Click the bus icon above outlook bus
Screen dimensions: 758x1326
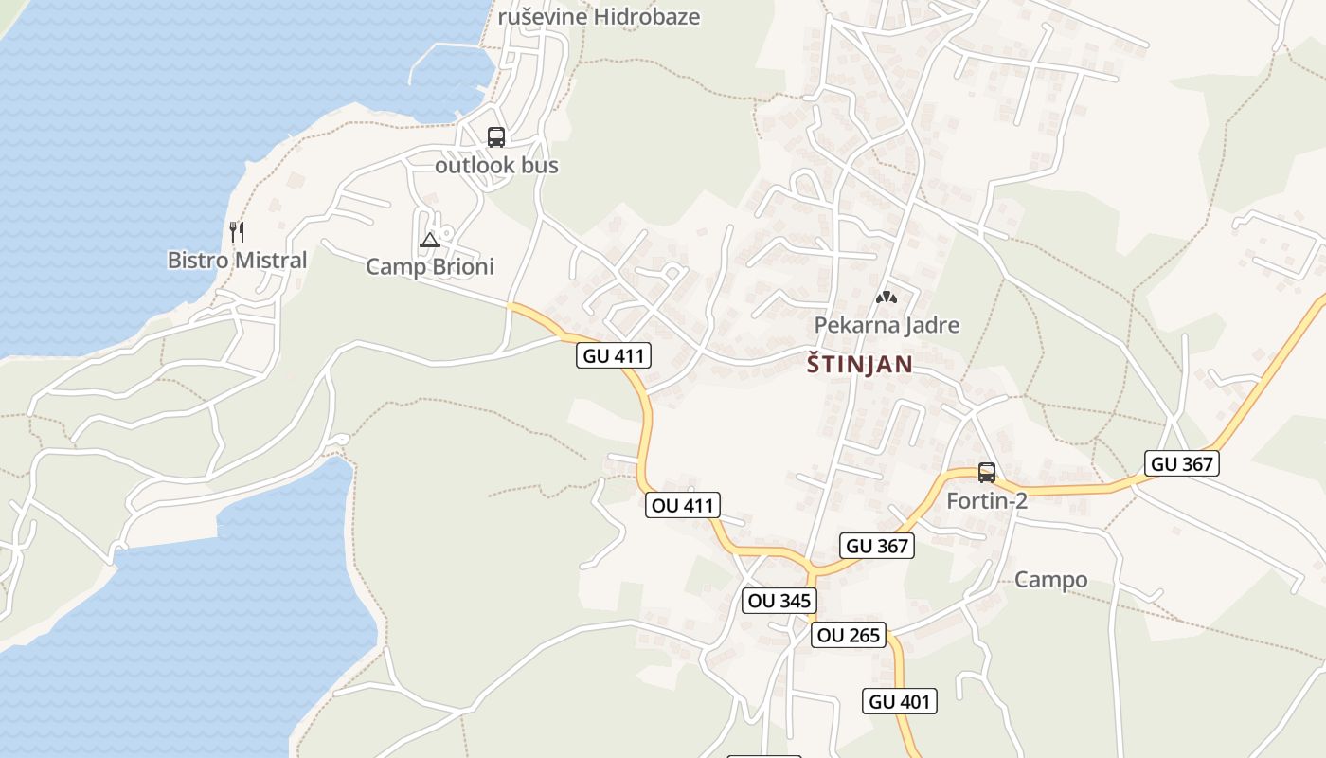pos(496,137)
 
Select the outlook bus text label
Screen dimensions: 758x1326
pos(496,165)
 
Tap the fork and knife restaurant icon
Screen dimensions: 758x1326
pos(237,230)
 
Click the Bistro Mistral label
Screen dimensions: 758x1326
pos(237,260)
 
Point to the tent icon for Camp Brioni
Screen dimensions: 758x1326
pos(430,240)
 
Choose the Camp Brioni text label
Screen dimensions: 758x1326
pos(430,266)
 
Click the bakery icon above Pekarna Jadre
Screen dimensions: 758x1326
pos(887,298)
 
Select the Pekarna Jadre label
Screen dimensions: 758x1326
pos(887,325)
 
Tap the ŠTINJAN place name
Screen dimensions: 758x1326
pos(860,364)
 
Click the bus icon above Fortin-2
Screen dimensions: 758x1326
pos(987,473)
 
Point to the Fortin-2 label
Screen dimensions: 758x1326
pos(987,500)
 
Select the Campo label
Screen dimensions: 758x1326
pos(1050,580)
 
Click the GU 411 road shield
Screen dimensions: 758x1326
pos(614,356)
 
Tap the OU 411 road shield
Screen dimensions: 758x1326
pos(682,505)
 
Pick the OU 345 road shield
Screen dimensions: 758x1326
pos(779,601)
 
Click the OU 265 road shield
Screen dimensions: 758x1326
pos(849,635)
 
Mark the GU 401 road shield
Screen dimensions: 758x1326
pos(900,701)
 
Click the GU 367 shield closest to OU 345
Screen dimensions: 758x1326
pos(876,546)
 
